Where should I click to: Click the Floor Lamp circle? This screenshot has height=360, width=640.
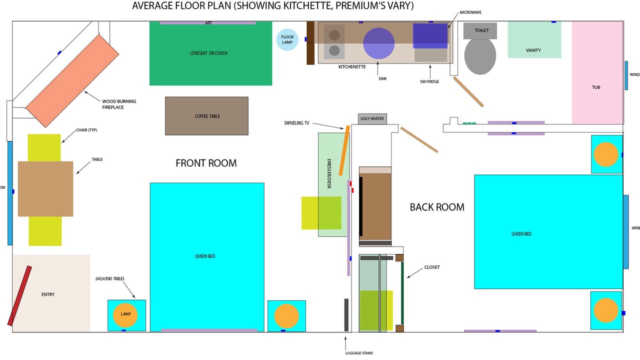[x=287, y=39]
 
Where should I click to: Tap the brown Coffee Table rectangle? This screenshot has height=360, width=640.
[x=206, y=116]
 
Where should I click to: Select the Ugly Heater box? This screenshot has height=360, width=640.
[x=372, y=119]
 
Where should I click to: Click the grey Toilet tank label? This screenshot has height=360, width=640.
[x=481, y=30]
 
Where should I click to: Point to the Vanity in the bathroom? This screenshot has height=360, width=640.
[x=534, y=40]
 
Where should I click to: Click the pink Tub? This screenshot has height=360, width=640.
[x=597, y=73]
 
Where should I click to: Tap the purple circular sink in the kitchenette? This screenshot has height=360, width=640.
[x=379, y=43]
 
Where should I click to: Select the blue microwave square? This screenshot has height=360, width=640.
[x=430, y=35]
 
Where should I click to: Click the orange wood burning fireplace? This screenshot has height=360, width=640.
[x=72, y=81]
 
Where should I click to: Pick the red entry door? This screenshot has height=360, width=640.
[x=19, y=295]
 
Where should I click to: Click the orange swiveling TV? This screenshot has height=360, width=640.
[x=344, y=150]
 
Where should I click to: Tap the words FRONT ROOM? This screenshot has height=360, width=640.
[x=206, y=163]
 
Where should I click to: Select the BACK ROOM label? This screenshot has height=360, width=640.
[x=437, y=207]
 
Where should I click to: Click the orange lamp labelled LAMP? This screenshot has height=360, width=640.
[x=125, y=315]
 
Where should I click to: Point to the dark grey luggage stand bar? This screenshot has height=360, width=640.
[x=346, y=315]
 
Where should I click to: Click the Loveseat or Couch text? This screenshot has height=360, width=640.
[x=208, y=53]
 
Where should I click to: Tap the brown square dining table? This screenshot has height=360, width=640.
[x=45, y=189]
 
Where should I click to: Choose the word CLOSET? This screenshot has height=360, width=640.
[x=432, y=267]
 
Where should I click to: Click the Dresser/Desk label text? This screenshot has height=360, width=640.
[x=329, y=173]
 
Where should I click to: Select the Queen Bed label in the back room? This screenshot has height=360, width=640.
[x=521, y=234]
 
